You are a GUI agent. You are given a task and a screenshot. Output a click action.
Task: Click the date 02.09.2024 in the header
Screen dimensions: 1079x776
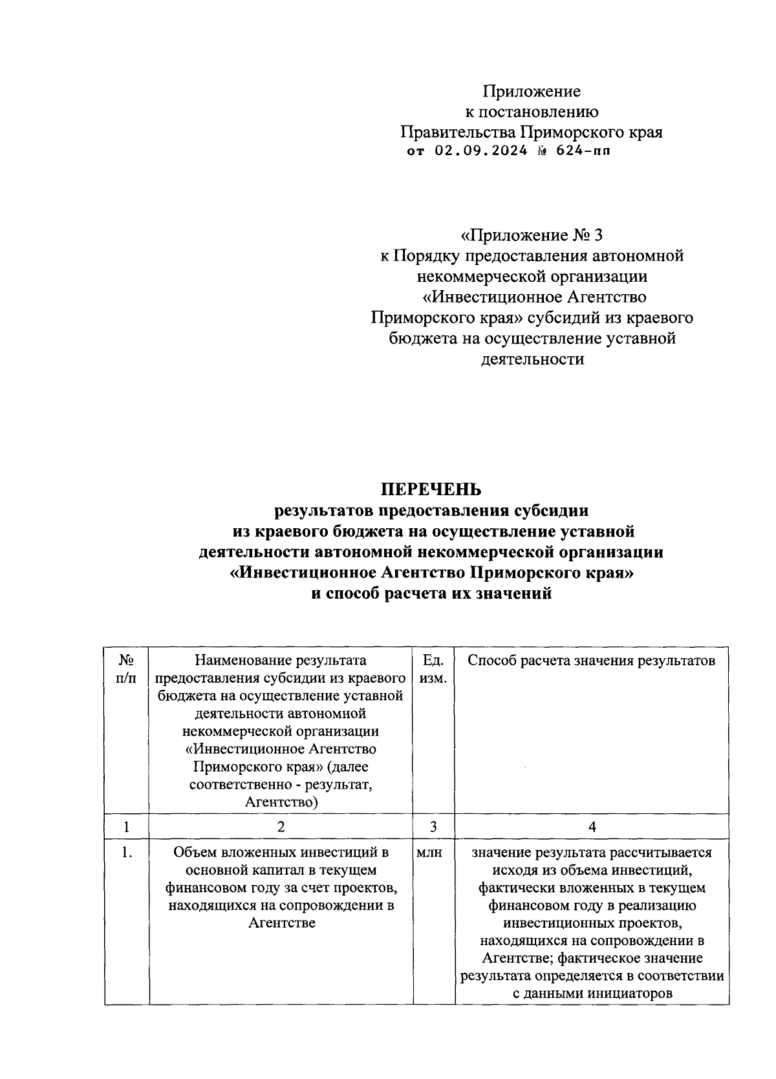pyautogui.click(x=477, y=153)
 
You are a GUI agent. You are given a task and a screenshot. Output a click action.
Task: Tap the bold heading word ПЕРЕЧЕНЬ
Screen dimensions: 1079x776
pyautogui.click(x=431, y=489)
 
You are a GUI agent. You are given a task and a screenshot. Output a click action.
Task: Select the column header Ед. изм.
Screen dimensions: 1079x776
pyautogui.click(x=433, y=669)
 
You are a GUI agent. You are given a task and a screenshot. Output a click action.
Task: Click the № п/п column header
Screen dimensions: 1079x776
pyautogui.click(x=126, y=669)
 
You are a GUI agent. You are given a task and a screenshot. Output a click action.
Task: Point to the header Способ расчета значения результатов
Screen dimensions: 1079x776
pyautogui.click(x=591, y=661)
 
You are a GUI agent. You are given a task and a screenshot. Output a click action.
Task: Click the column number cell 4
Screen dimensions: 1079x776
pyautogui.click(x=592, y=827)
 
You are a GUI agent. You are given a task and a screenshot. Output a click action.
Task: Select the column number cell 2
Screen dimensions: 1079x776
pyautogui.click(x=281, y=827)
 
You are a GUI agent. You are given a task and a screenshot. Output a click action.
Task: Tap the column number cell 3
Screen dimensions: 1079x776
pyautogui.click(x=433, y=827)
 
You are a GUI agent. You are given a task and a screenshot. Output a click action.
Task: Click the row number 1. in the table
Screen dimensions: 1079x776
pyautogui.click(x=127, y=853)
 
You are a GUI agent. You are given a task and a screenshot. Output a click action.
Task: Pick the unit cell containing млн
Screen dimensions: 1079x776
pyautogui.click(x=429, y=853)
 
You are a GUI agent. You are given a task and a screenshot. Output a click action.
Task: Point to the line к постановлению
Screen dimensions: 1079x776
pyautogui.click(x=532, y=112)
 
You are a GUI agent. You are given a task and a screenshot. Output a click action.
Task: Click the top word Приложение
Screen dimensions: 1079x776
pyautogui.click(x=532, y=91)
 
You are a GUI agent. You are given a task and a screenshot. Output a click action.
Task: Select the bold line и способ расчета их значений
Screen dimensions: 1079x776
pyautogui.click(x=431, y=593)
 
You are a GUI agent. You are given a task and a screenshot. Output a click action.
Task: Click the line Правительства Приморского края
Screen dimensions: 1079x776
pyautogui.click(x=532, y=133)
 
